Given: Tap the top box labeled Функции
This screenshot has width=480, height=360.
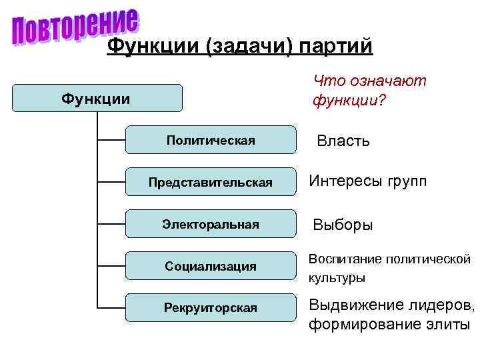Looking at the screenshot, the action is coord(97,99).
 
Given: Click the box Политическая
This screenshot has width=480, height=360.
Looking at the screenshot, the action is coord(211,140).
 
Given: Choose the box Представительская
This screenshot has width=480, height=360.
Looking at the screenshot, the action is coord(211,182).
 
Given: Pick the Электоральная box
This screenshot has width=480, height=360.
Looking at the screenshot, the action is coord(211,224).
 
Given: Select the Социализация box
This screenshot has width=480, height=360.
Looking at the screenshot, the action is coord(211,266).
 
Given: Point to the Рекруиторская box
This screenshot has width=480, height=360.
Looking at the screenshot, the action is coord(211,307).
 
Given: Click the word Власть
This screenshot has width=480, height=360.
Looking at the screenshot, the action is coord(343,141).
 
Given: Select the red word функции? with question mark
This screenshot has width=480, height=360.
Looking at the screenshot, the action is coord(349,102).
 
